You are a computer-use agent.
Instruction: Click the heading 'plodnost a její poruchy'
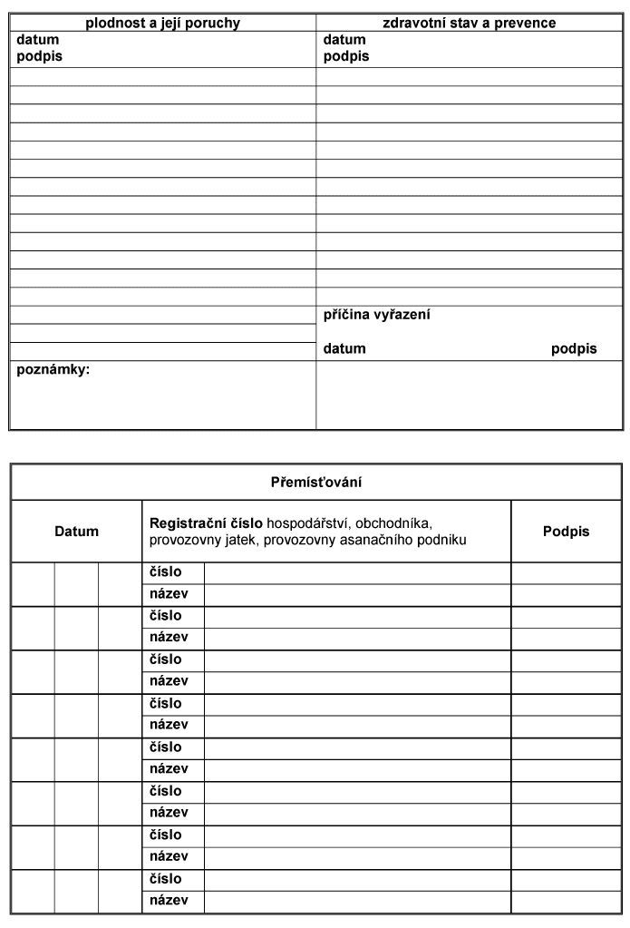coord(162,23)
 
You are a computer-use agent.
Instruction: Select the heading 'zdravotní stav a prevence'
coord(470,23)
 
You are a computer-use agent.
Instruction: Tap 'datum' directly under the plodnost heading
coord(38,40)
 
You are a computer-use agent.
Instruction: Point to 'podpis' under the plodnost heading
coord(40,56)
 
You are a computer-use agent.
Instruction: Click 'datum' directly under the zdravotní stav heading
coord(344,40)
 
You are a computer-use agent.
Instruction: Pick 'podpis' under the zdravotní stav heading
coord(346,56)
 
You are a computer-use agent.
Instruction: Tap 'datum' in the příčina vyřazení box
coord(344,348)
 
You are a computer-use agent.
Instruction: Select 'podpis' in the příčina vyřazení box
coord(574,348)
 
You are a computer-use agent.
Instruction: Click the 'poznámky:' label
coord(53,370)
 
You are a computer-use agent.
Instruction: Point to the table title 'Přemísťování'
coord(316,482)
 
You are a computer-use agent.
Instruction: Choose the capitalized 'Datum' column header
coord(77,532)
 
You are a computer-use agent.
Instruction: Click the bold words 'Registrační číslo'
coord(206,523)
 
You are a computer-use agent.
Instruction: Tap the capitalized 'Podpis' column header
coord(566,532)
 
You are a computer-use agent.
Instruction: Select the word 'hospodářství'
coord(306,523)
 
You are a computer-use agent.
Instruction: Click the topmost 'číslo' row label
coord(165,572)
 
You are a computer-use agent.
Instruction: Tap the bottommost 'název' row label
coord(168,901)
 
